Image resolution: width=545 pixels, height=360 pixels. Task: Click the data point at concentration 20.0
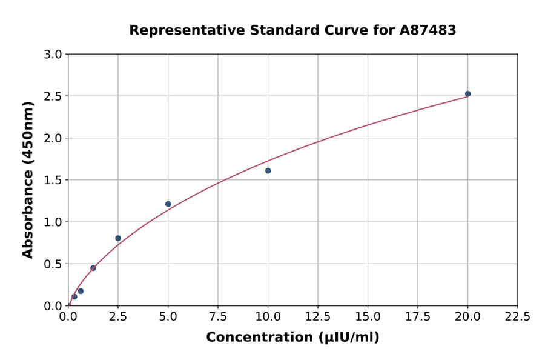tap(467, 94)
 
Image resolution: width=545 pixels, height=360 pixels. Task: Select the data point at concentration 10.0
tap(268, 171)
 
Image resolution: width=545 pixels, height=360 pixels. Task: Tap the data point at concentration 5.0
tap(168, 204)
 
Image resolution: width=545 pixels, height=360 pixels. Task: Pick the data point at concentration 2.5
tap(118, 238)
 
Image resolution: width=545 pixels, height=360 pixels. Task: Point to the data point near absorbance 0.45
tap(93, 268)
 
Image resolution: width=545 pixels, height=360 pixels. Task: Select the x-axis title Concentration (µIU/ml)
tap(292, 338)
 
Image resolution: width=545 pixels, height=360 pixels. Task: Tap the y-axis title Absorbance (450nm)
tap(28, 179)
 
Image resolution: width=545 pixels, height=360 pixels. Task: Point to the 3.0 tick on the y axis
tap(54, 55)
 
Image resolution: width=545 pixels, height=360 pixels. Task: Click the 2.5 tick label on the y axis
tap(54, 96)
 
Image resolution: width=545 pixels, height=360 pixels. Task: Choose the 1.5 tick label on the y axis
tap(54, 180)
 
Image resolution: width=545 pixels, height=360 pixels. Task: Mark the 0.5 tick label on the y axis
tap(54, 264)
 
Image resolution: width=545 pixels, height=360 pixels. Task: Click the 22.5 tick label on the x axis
tap(518, 316)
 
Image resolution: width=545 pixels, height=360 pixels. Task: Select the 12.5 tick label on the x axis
tap(318, 316)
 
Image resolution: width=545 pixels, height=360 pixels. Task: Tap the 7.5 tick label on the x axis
tap(218, 316)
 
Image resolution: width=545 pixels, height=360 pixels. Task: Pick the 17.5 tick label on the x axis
tap(418, 316)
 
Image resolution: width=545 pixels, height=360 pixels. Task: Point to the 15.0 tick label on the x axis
tap(368, 316)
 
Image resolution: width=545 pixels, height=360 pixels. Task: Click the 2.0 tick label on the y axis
tap(54, 138)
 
